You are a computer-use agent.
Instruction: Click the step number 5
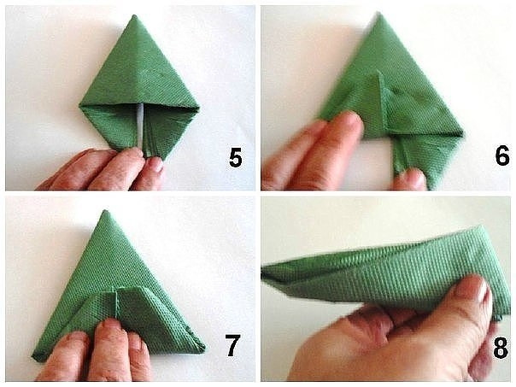(x=235, y=158)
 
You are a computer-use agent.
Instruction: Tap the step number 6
(x=502, y=156)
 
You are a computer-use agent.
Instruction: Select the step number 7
(x=232, y=345)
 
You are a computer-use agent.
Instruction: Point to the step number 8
(x=501, y=348)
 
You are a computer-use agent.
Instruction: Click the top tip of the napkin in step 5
(x=134, y=15)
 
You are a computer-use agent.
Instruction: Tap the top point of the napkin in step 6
(x=378, y=13)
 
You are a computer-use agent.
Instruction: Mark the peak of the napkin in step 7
(x=105, y=211)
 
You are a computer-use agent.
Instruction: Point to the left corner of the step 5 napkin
(x=80, y=105)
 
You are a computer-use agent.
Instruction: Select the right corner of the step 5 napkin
(x=198, y=108)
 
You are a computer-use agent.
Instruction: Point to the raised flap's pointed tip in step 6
(x=379, y=71)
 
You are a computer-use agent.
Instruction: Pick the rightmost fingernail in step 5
(x=155, y=164)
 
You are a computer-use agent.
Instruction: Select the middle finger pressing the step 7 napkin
(x=109, y=349)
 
